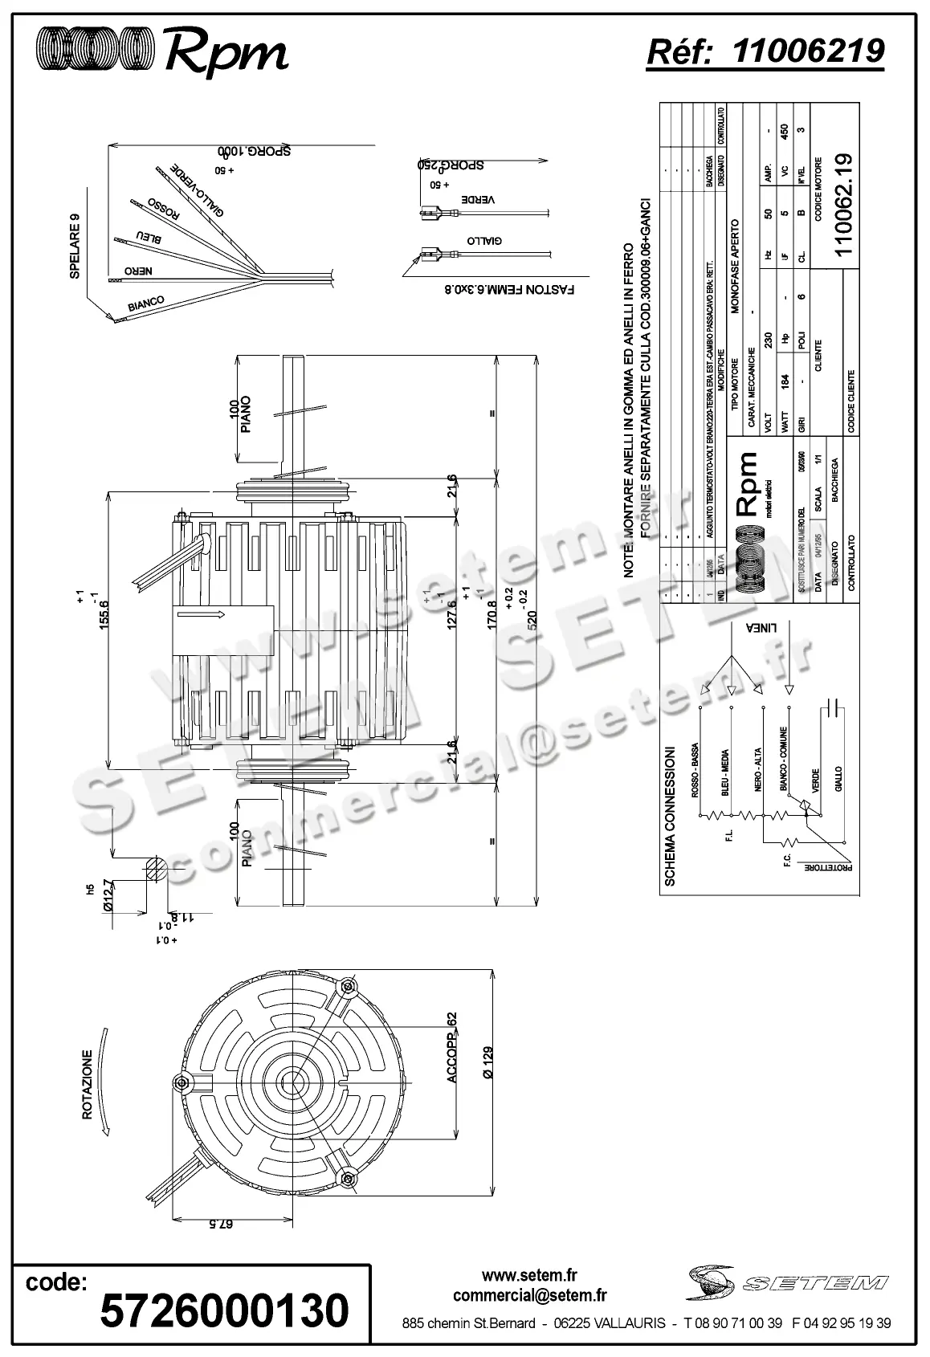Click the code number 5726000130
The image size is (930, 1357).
(x=224, y=1310)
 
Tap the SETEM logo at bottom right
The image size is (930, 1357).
(x=786, y=1283)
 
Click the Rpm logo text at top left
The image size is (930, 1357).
(x=226, y=53)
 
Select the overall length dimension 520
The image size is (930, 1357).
(x=532, y=620)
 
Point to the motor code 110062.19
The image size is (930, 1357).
(x=842, y=205)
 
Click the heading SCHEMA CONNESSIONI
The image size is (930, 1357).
(x=671, y=817)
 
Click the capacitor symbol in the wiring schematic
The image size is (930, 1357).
(x=834, y=707)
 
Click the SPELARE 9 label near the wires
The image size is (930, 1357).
(x=75, y=246)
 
